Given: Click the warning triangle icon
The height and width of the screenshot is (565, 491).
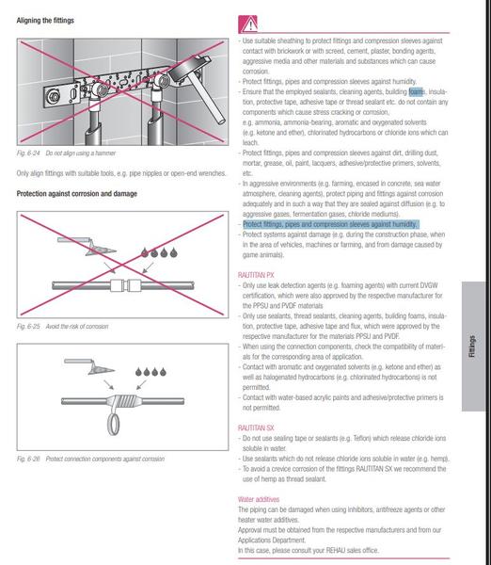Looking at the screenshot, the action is pos(248,24).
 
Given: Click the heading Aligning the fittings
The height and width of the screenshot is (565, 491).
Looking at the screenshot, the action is pos(45,21).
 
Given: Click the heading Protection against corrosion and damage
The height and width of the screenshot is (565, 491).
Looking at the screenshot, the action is pos(77,194).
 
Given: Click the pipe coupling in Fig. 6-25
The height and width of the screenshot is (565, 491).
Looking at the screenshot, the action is pos(125,285).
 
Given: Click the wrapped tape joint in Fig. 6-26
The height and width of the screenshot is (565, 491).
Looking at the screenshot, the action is pos(123,401).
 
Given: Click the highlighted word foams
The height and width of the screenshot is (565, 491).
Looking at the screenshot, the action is pos(416,92).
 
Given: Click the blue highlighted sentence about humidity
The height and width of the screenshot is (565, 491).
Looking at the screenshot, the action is pos(330,224).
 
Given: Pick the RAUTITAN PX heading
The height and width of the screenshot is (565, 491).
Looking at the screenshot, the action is pos(256,275).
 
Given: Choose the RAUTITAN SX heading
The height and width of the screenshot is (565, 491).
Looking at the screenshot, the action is pos(256,428).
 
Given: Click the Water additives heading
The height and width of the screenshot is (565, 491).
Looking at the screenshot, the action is pos(259,499).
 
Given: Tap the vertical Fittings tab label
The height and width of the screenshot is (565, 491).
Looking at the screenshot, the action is pos(472,347).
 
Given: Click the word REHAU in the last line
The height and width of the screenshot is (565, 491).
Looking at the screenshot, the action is pos(336,551).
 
